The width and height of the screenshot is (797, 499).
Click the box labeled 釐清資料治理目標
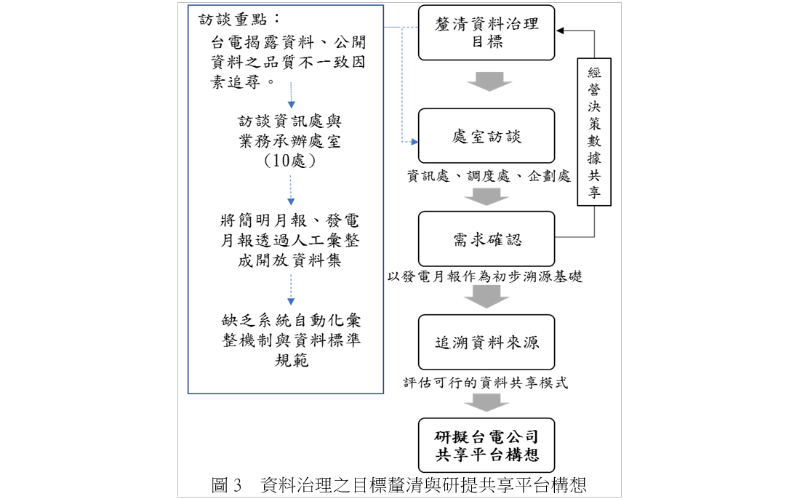(x=486, y=33)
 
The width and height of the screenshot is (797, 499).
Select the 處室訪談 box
(x=486, y=136)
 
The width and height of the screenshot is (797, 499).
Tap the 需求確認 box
(x=486, y=239)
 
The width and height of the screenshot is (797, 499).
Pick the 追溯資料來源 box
(x=486, y=342)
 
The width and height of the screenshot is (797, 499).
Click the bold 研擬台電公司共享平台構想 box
(x=486, y=445)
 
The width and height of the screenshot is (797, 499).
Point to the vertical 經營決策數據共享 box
(x=594, y=132)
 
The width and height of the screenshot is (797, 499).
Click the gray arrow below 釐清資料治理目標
(x=489, y=81)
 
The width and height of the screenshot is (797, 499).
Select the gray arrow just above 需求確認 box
(x=486, y=196)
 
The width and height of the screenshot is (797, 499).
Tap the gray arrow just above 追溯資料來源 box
(x=486, y=297)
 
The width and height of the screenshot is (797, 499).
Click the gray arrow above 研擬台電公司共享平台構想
(x=486, y=402)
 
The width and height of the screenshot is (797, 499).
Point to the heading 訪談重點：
(x=239, y=20)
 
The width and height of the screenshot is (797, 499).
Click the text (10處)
(x=289, y=161)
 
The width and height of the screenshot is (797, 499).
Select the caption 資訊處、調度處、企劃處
(x=489, y=176)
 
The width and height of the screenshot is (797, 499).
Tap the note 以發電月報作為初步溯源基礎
(x=485, y=276)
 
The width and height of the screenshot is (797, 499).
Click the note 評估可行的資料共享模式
(x=486, y=383)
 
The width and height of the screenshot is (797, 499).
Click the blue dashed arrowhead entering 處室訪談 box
(x=414, y=142)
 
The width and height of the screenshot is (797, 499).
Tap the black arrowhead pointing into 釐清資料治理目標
(x=560, y=31)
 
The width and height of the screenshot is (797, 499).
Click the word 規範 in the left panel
(x=292, y=360)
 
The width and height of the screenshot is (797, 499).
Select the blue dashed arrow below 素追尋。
(x=292, y=95)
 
